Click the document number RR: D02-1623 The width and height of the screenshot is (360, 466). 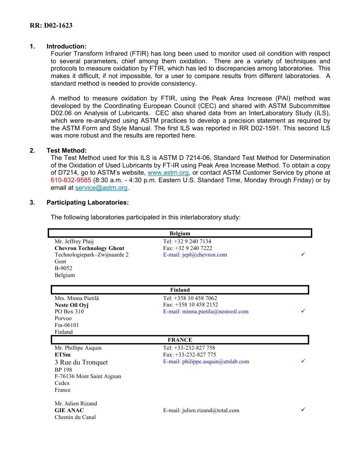coord(51,26)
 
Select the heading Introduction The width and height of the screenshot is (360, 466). coord(66,46)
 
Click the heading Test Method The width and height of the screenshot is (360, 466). coord(66,150)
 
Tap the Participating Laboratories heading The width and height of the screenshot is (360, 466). coord(88,202)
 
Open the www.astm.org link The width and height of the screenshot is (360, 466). coord(168,173)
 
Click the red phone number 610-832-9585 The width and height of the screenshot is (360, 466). coord(71,180)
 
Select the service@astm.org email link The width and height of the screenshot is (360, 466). coord(102,188)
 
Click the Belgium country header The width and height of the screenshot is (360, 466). coord(180,233)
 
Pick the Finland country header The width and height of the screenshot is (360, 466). coord(180,290)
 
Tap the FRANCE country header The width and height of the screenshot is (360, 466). coord(180,340)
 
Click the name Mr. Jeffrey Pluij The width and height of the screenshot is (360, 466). coord(74,241)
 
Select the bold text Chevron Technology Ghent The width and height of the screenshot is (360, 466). coord(89,248)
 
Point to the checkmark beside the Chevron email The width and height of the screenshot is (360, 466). coord(303,255)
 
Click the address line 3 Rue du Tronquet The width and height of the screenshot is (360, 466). coord(81,362)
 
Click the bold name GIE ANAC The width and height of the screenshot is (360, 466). coord(69,410)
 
